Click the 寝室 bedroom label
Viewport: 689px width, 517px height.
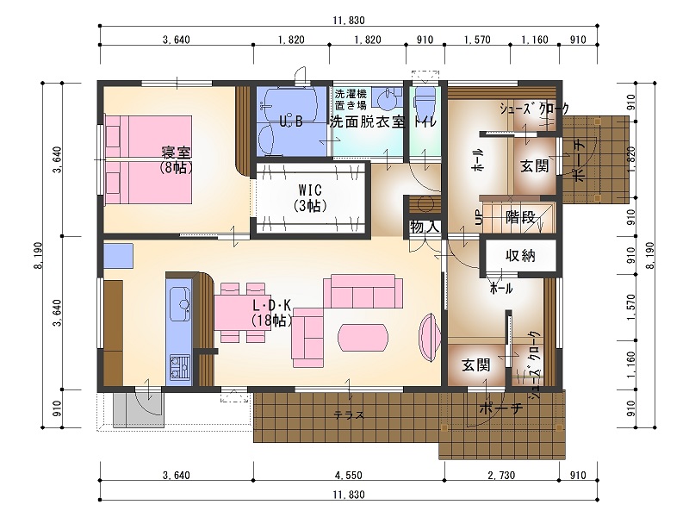(x=177, y=153)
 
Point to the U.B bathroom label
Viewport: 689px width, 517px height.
(x=291, y=121)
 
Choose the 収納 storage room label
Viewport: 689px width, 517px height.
(x=521, y=255)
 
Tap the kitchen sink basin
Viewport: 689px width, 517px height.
(x=181, y=302)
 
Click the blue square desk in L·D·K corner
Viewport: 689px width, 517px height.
(x=117, y=257)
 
